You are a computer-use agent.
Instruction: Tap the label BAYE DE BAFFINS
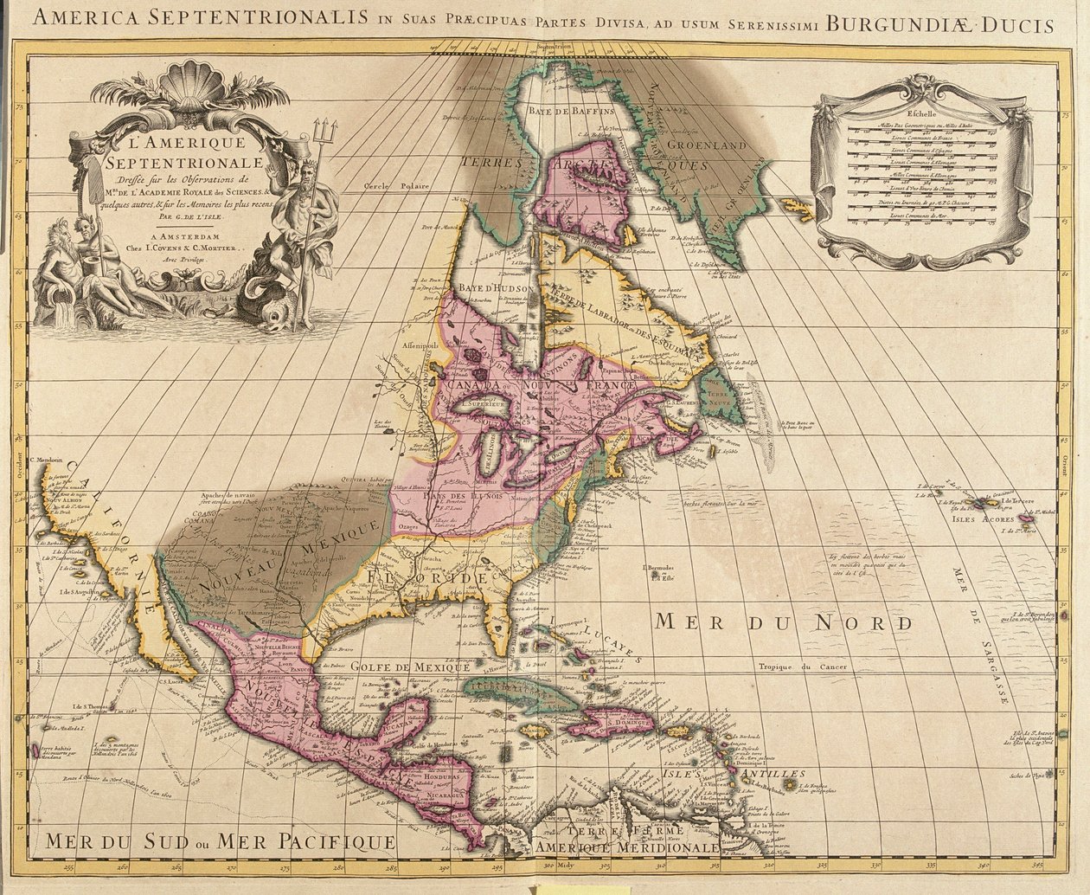572,112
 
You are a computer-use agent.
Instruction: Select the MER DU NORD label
784,621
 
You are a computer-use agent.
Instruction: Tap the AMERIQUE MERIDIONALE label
626,847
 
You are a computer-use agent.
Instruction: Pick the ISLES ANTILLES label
757,774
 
